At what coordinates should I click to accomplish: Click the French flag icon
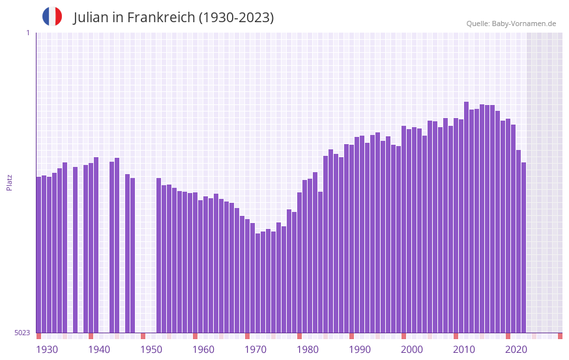point(52,16)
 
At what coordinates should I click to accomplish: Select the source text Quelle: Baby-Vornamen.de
point(511,23)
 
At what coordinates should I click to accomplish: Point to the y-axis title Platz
point(9,182)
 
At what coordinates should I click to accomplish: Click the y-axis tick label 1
point(27,33)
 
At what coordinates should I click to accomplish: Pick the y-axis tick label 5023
point(22,333)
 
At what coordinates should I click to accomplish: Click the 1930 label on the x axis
point(47,350)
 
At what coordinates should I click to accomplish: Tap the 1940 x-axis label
point(99,350)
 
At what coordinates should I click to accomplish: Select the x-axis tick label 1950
point(151,350)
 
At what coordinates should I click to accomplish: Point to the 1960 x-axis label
point(203,350)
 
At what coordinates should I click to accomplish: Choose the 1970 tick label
point(255,350)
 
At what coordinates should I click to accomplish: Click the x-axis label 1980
point(308,350)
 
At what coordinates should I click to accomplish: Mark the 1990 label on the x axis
point(360,350)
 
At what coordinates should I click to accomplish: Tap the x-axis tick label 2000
point(412,350)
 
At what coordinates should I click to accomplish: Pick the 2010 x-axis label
point(464,350)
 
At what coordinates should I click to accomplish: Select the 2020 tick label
point(516,350)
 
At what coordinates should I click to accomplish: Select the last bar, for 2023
point(523,248)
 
